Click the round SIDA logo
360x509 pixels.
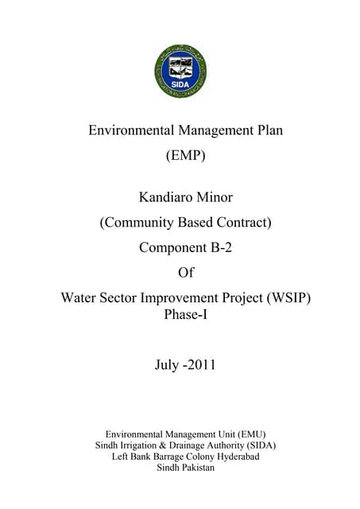(x=180, y=72)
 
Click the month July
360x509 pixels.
(x=168, y=366)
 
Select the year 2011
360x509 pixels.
(x=202, y=366)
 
